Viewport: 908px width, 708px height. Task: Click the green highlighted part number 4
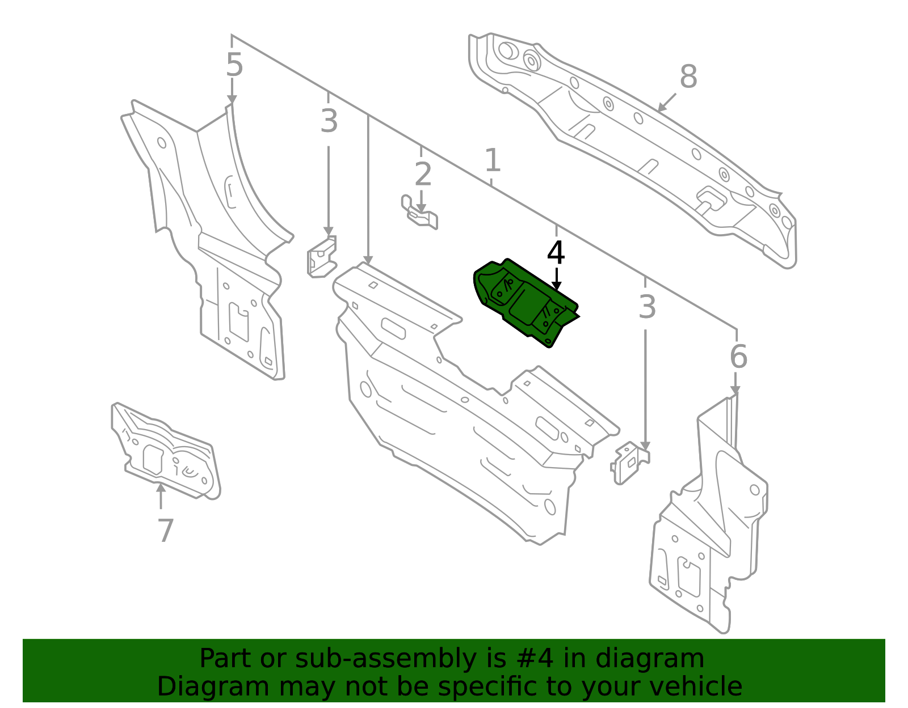525,303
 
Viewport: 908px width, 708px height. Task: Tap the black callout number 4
556,253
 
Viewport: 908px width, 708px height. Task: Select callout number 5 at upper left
234,65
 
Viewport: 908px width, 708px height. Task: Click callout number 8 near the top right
688,77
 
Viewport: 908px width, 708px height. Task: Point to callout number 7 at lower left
165,531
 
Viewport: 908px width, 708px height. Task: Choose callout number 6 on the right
738,357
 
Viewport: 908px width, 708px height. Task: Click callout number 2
423,175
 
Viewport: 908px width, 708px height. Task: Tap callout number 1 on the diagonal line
493,160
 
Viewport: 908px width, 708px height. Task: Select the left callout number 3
329,121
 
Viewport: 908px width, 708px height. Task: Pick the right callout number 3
646,308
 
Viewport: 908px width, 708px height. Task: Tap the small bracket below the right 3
629,463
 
